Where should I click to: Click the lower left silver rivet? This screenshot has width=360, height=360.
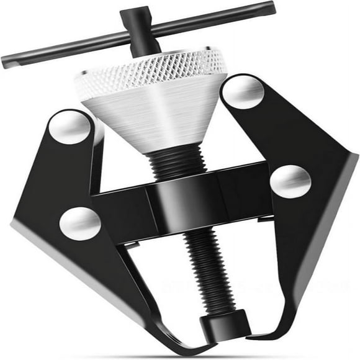pos(80,222)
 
